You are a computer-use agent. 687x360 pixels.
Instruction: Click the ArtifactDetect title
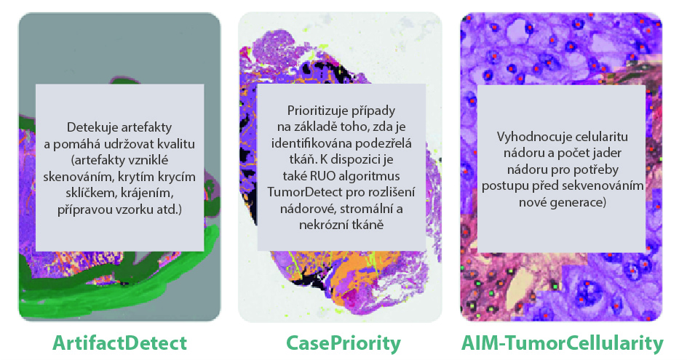(119, 343)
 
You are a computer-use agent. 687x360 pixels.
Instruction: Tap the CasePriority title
(343, 344)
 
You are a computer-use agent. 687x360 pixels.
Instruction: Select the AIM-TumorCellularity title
(562, 344)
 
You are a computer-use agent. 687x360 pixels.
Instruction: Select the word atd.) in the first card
(169, 209)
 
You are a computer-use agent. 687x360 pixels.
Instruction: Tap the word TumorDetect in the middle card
(298, 193)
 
